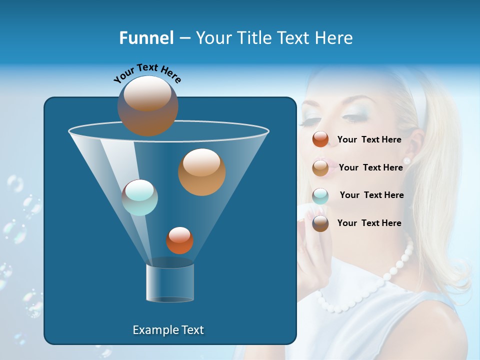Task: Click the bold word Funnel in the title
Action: click(146, 38)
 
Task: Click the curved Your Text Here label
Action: click(147, 73)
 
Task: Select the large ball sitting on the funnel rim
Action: click(147, 105)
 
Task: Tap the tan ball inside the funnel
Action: click(201, 171)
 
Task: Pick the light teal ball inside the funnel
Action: click(140, 197)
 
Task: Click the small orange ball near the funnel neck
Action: click(179, 240)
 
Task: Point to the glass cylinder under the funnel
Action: click(170, 282)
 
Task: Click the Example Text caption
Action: click(168, 330)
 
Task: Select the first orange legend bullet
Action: click(320, 139)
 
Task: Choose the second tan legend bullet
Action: click(320, 167)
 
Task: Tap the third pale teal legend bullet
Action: click(320, 195)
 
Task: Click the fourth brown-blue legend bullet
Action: click(320, 223)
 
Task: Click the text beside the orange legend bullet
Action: click(369, 139)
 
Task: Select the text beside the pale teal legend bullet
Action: click(371, 195)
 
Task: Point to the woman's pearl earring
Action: click(406, 160)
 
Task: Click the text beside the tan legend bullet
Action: click(370, 167)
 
